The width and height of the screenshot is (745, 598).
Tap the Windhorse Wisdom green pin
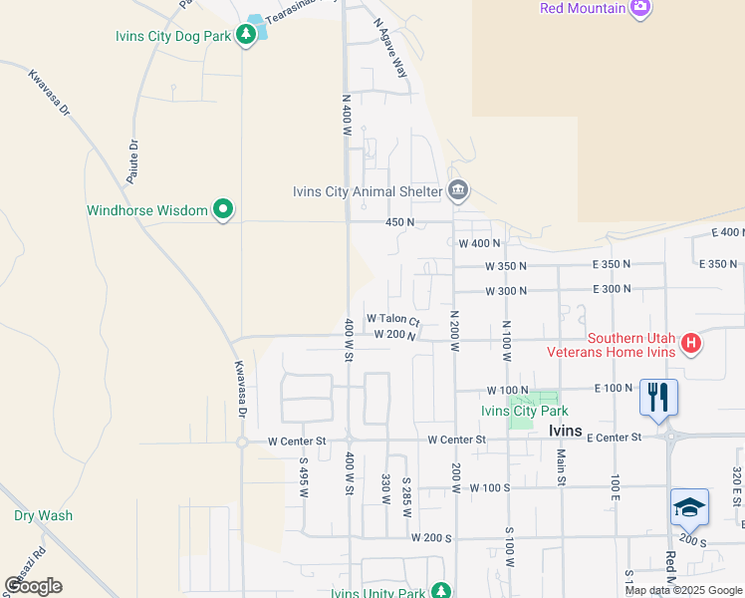(224, 210)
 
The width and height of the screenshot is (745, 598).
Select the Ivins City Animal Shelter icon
(458, 190)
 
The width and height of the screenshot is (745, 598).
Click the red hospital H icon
(691, 345)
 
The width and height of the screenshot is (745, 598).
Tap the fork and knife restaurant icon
(658, 397)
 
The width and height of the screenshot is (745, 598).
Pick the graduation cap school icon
(690, 507)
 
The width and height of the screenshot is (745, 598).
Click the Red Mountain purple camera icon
(640, 8)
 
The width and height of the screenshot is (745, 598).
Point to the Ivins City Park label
(524, 411)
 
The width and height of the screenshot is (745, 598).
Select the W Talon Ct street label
(393, 319)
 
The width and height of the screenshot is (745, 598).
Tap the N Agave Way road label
(391, 48)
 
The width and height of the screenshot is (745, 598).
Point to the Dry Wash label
(43, 516)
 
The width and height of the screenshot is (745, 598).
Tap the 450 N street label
(399, 222)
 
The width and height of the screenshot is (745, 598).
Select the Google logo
(34, 586)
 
